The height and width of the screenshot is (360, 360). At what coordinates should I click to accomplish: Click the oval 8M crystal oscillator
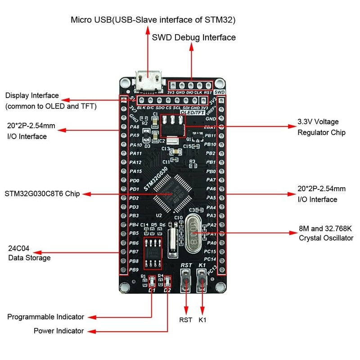coord(193,234)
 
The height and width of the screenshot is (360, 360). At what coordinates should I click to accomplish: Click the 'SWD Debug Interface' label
coord(194,37)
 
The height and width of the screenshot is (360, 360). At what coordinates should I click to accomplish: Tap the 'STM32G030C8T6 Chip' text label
coord(42,194)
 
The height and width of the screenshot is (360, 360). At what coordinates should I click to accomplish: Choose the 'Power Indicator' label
coord(58,331)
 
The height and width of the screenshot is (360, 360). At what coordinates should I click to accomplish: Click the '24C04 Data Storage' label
coord(29,253)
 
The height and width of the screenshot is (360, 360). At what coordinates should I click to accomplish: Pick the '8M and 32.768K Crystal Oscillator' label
coord(326,233)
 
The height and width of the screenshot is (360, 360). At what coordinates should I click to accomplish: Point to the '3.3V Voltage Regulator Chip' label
coord(321,127)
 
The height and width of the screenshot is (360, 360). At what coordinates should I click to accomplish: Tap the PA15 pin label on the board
coord(135,171)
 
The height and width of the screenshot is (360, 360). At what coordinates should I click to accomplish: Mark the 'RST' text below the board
coord(185,320)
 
